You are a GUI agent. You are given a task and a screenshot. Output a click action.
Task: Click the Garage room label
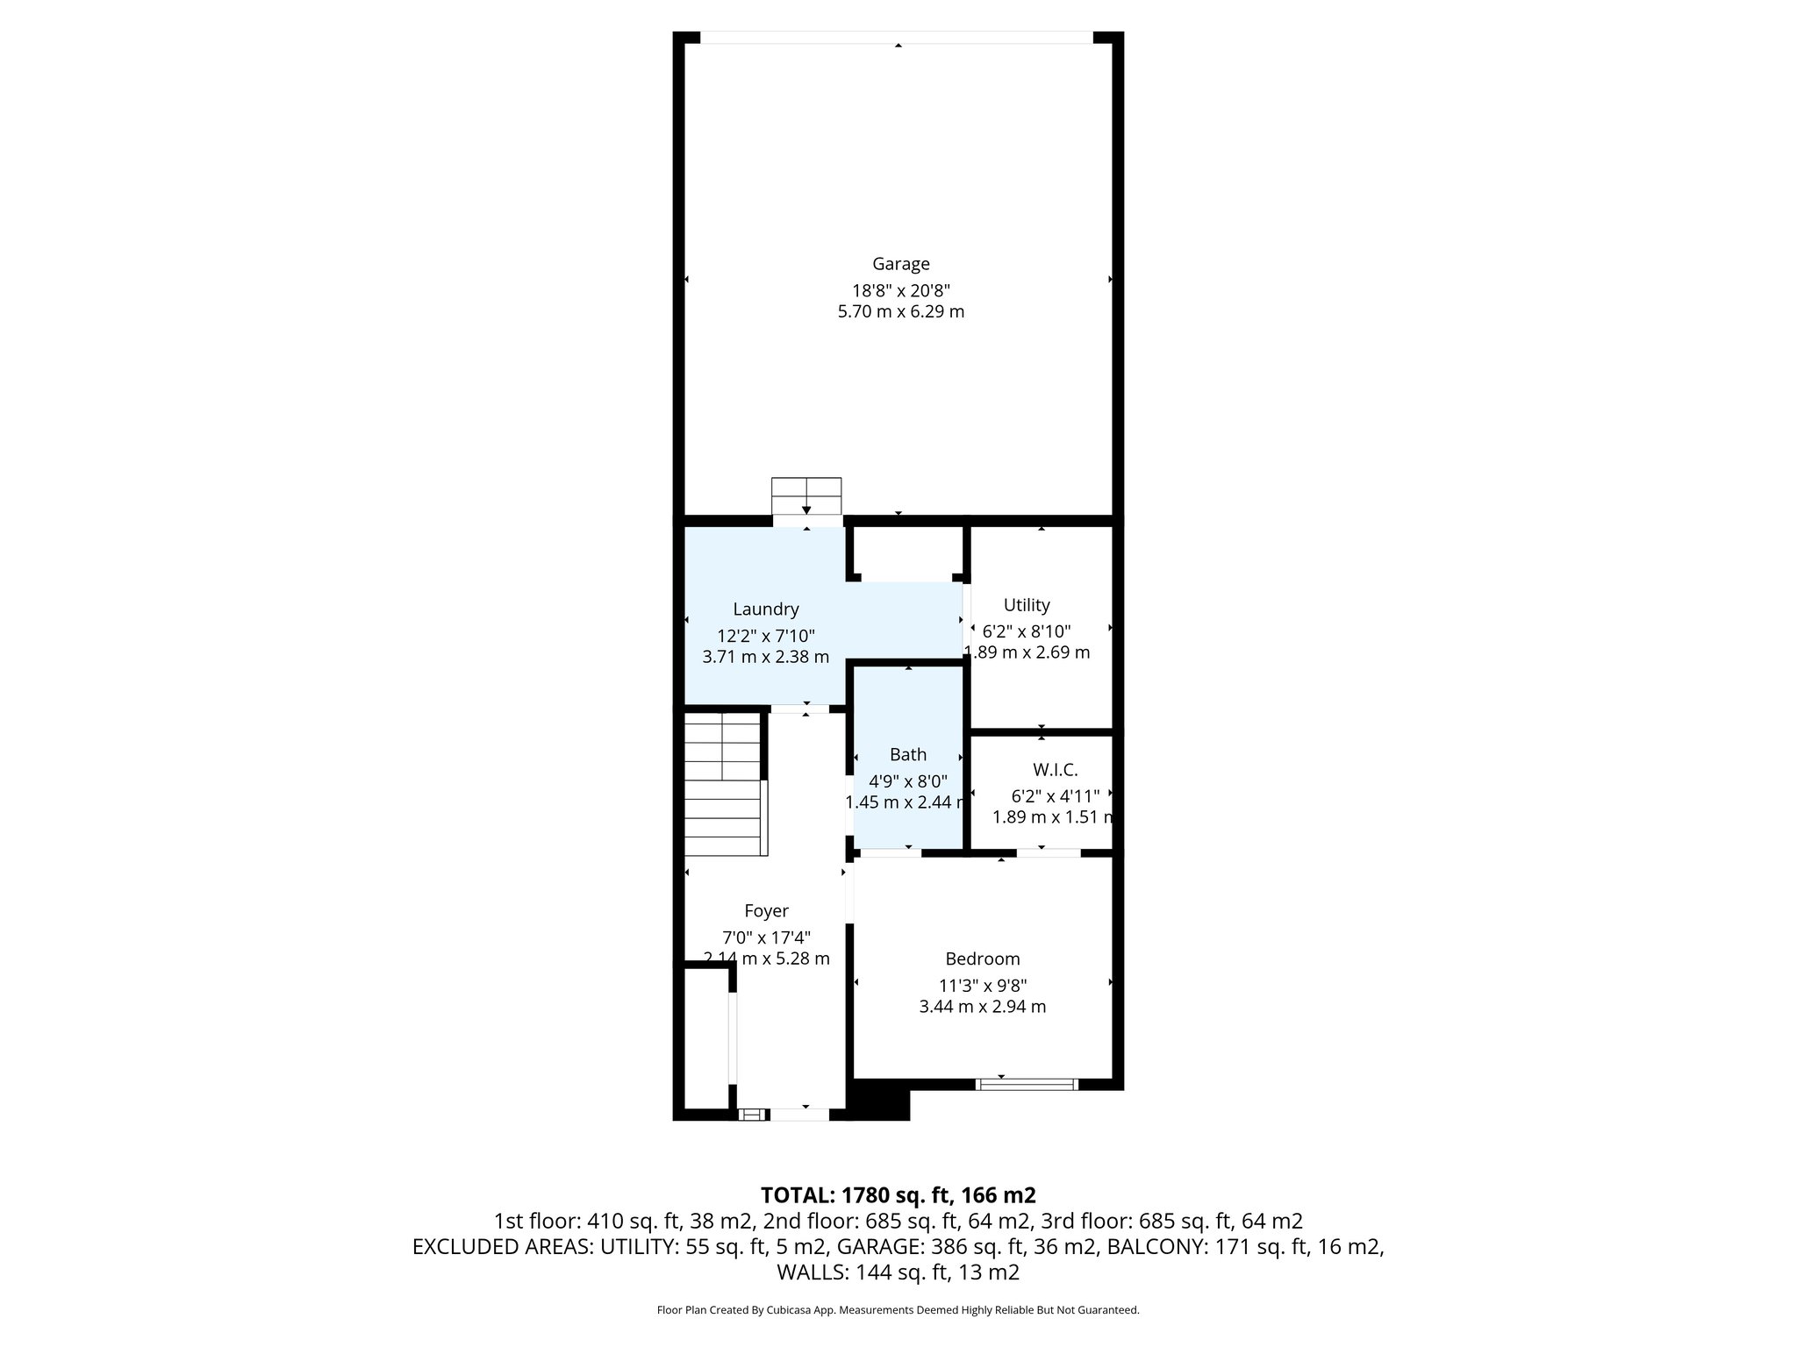(900, 263)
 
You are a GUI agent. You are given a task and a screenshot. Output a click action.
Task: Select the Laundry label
(765, 609)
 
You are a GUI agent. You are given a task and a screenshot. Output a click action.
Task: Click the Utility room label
(1026, 604)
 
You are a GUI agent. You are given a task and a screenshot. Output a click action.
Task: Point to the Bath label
(907, 754)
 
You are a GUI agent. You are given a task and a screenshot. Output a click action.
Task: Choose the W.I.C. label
(1054, 769)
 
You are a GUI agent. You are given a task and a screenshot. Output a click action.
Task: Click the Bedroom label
(982, 959)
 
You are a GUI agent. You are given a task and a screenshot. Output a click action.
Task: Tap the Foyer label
(766, 910)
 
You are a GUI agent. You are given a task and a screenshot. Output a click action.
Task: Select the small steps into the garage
(805, 496)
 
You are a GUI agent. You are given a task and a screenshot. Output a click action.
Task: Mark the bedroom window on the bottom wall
(1027, 1084)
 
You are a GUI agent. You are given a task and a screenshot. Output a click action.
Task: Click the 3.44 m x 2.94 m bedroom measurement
(982, 1007)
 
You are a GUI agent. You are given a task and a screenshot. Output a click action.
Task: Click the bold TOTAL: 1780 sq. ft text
(898, 1194)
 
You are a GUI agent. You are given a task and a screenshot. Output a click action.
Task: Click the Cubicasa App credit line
(898, 1310)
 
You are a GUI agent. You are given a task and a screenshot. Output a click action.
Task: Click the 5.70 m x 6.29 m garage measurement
(900, 311)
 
